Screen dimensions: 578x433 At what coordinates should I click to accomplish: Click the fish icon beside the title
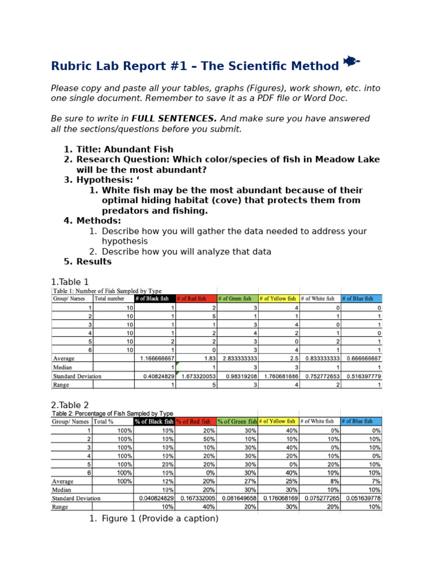point(351,61)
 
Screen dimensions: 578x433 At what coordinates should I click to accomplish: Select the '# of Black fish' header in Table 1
point(154,299)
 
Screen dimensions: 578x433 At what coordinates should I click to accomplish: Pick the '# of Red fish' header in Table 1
point(196,299)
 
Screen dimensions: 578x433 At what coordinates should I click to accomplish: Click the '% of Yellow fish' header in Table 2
point(278,421)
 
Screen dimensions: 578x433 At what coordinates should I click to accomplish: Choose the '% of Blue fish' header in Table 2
point(361,421)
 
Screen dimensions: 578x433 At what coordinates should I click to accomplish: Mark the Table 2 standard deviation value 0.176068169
point(278,498)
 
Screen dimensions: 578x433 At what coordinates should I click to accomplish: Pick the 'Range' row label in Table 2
point(60,507)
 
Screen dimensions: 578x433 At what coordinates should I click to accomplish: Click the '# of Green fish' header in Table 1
point(237,299)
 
